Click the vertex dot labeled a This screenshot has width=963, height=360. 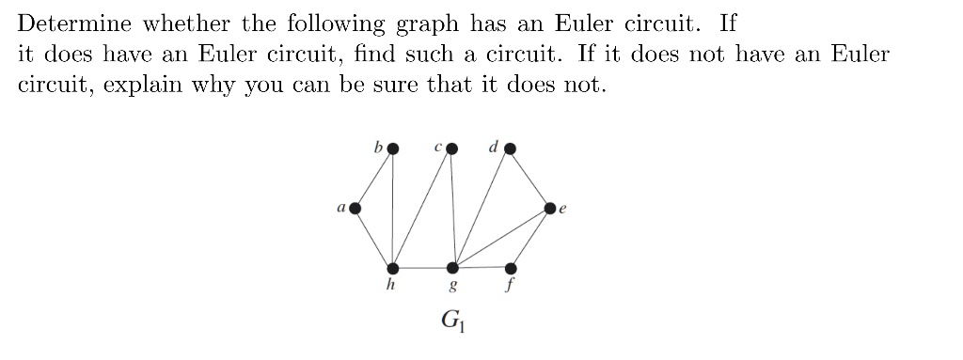click(x=355, y=208)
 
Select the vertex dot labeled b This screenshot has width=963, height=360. click(x=393, y=148)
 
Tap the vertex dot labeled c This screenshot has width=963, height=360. click(x=452, y=148)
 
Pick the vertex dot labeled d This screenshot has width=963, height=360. click(x=510, y=148)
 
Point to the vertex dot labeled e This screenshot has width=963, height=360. click(x=550, y=208)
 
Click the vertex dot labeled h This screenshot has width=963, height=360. click(x=393, y=268)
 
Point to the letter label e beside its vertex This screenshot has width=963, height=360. click(x=563, y=213)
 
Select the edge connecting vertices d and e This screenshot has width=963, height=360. click(x=530, y=178)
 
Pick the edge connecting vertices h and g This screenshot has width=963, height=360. click(x=423, y=268)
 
